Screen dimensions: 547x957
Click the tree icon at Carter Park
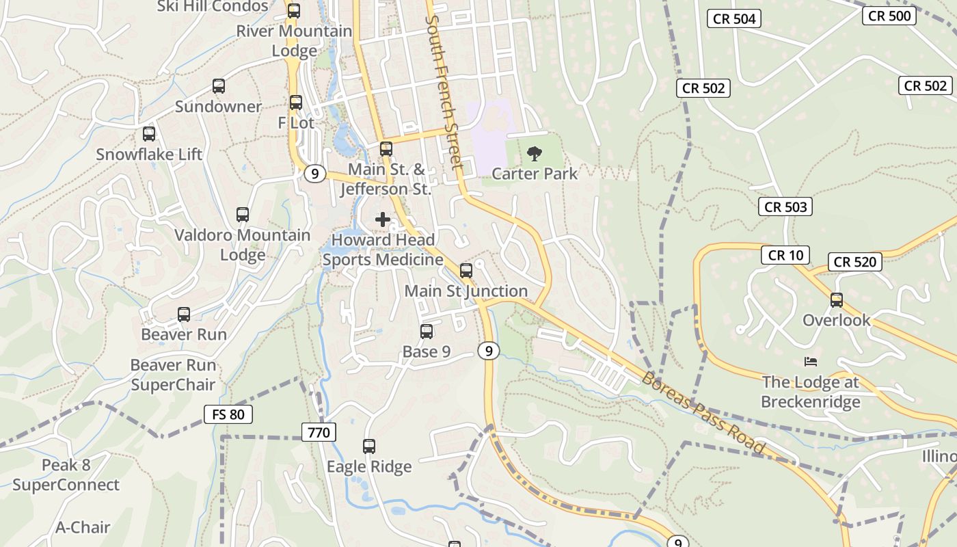(x=535, y=153)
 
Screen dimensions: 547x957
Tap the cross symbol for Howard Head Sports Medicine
(x=383, y=219)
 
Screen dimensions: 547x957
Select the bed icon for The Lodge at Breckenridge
(x=811, y=362)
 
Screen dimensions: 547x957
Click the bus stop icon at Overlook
(x=836, y=300)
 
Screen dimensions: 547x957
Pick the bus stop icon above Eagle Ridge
(x=369, y=446)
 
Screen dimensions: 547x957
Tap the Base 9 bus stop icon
(x=427, y=332)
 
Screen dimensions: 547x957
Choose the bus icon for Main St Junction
(x=466, y=271)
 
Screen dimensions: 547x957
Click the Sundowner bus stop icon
(x=219, y=86)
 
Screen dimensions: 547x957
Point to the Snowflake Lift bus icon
(x=149, y=134)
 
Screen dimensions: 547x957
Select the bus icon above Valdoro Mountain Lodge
(x=243, y=215)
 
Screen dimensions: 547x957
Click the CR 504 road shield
(x=734, y=18)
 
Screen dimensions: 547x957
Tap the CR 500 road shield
(x=889, y=16)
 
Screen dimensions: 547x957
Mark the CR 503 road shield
(x=785, y=206)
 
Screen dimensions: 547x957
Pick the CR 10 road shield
(x=785, y=256)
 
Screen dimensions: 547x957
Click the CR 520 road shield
(x=855, y=262)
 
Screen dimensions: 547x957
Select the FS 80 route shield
(x=228, y=414)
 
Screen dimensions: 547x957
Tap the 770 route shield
(x=319, y=432)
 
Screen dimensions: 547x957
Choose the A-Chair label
(x=83, y=527)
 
